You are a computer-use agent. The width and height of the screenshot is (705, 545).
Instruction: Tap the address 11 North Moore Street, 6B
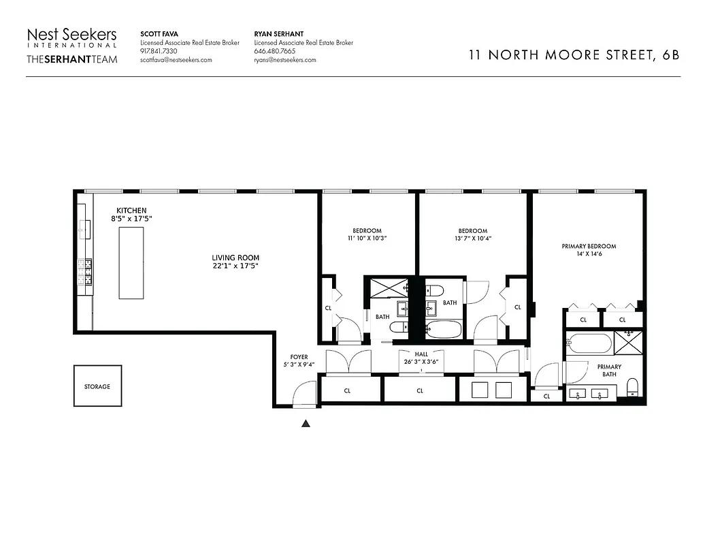[574, 56]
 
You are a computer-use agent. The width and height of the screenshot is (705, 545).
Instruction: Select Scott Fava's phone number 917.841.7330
[159, 51]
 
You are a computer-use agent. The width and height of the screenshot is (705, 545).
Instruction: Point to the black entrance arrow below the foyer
[306, 424]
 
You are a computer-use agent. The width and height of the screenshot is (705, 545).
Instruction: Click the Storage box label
[97, 386]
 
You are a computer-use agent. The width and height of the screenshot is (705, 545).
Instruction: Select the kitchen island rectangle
[131, 262]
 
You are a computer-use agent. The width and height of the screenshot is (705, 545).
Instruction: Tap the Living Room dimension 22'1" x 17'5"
[235, 266]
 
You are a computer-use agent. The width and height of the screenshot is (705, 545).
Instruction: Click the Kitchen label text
[131, 210]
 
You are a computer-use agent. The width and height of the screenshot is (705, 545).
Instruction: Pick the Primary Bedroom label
[589, 246]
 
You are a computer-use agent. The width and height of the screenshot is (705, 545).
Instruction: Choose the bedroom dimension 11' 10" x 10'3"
[367, 239]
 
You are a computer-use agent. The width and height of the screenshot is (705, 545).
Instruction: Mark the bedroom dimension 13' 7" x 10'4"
[472, 239]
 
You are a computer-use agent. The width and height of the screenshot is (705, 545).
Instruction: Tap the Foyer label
[299, 356]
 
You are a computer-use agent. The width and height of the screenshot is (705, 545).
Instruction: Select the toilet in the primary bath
[632, 388]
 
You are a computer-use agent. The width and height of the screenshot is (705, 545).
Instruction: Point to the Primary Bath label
[609, 371]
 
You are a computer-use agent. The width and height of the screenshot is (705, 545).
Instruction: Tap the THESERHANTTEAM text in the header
[71, 59]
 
